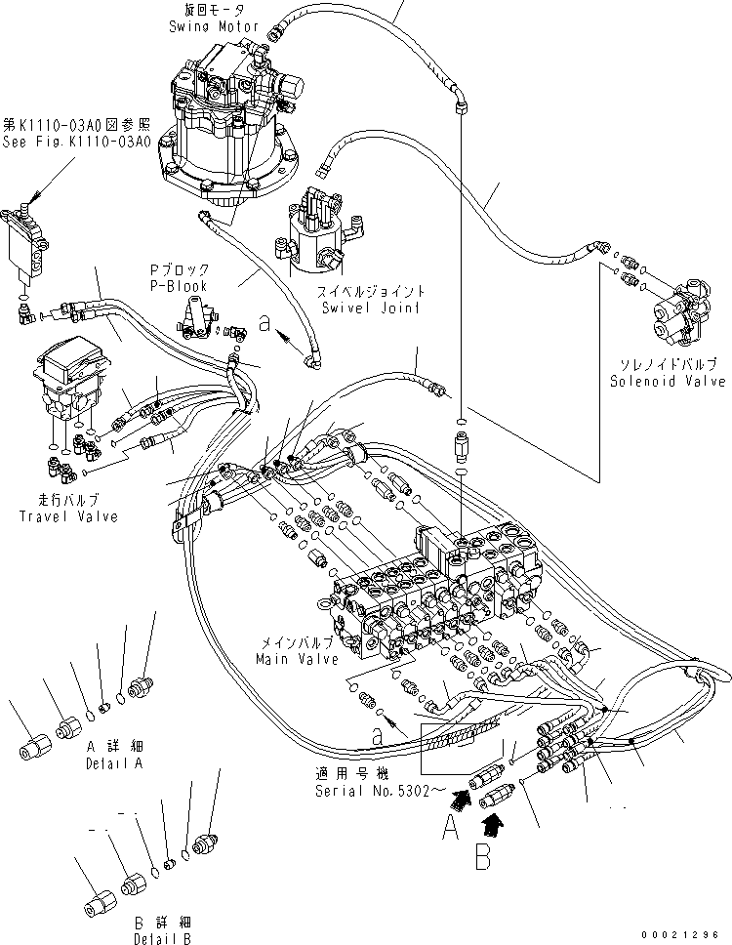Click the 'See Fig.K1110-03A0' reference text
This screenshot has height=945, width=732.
click(76, 141)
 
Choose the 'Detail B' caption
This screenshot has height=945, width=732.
click(162, 938)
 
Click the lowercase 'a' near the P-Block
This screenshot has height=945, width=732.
click(264, 325)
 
